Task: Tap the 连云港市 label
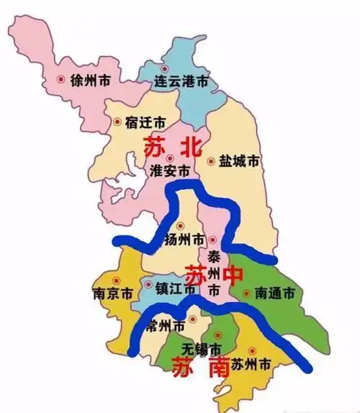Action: [x=183, y=82]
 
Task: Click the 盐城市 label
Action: [x=238, y=162]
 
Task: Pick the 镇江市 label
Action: [x=176, y=289]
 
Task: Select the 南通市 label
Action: [x=274, y=294]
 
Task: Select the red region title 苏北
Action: [x=168, y=147]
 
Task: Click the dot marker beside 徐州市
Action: [x=60, y=80]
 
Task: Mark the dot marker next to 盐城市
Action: [x=211, y=162]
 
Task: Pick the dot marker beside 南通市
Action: [x=247, y=294]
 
